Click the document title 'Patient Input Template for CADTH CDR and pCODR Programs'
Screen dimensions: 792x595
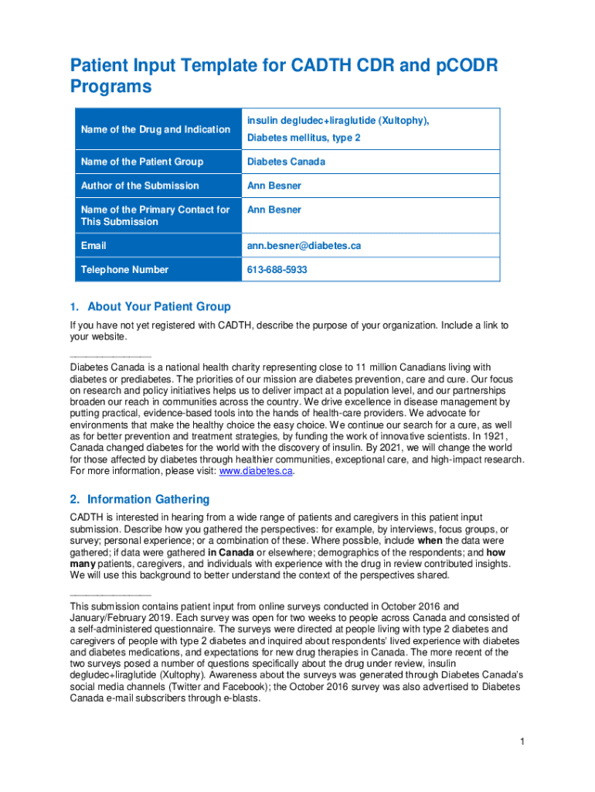click(x=284, y=76)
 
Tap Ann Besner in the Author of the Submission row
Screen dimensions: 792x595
click(x=274, y=186)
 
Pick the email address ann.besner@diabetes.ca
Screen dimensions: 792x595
click(x=304, y=246)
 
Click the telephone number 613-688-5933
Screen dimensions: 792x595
click(x=277, y=270)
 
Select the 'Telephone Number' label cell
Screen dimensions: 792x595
click(x=124, y=270)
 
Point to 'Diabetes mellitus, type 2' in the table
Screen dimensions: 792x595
click(x=304, y=138)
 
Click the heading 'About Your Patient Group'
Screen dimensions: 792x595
click(x=158, y=306)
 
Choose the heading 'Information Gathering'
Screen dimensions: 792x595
click(x=148, y=500)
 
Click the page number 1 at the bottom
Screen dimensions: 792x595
click(x=522, y=742)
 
